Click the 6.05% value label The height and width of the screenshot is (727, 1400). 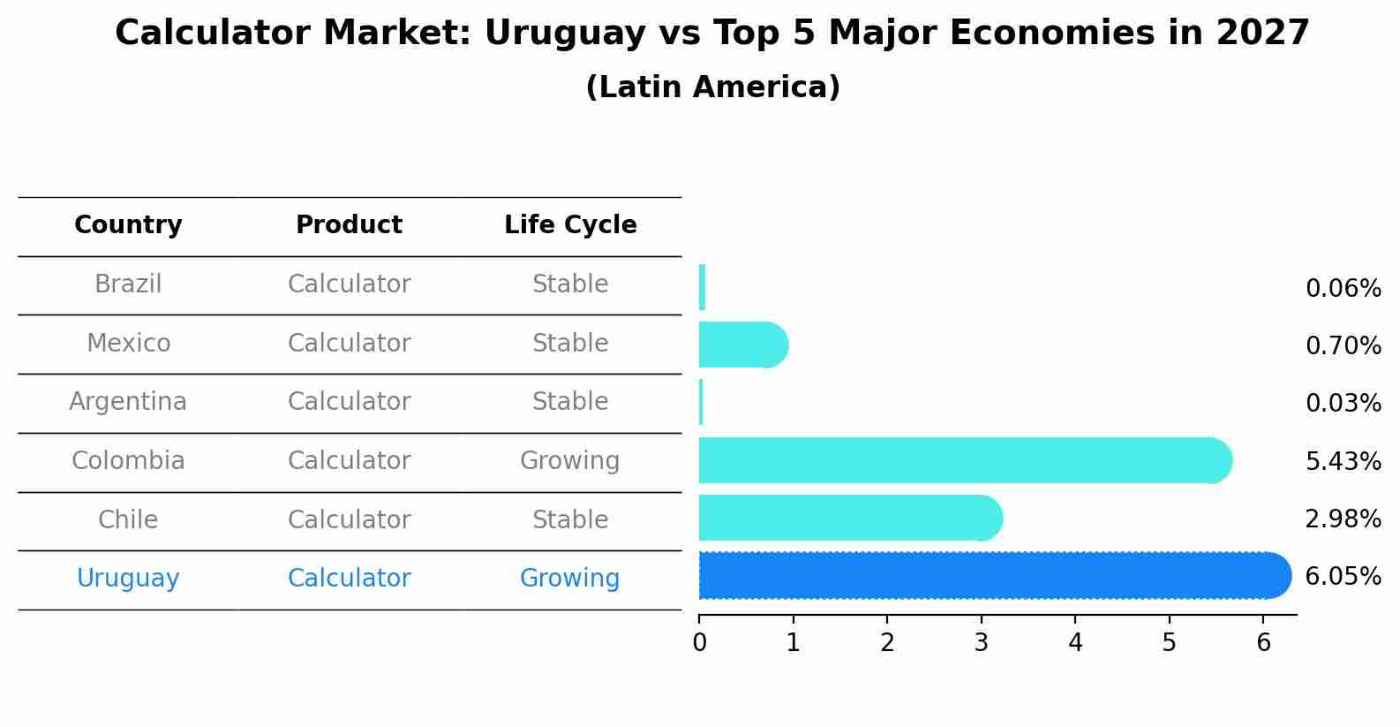1343,577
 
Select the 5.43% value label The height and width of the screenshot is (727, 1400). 1343,461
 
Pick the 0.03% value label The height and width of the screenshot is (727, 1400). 1343,404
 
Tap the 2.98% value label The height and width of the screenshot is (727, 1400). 1343,519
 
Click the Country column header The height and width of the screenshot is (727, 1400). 128,225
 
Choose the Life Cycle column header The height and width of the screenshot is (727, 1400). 570,225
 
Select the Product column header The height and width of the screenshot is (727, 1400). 349,225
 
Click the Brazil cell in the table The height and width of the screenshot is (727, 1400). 128,284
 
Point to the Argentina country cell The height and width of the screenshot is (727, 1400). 128,402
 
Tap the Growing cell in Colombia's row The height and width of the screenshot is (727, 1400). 569,461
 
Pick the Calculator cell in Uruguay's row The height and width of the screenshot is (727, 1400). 349,579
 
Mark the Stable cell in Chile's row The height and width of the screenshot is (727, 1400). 569,519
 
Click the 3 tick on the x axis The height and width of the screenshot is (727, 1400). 981,643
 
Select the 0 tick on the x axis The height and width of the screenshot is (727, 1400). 699,643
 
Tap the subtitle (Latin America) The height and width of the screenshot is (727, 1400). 712,87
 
